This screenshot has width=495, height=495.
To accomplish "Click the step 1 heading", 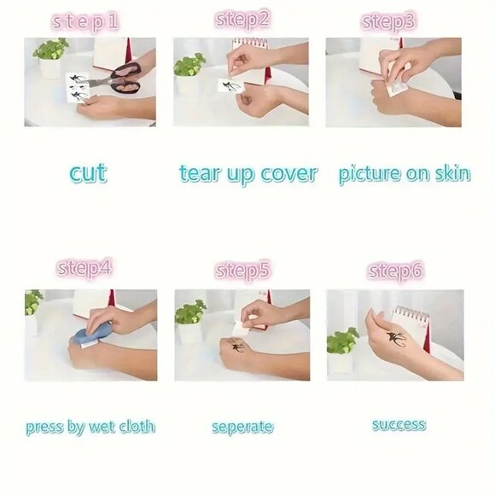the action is (x=85, y=22).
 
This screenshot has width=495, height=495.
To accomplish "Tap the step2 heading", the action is (x=242, y=20).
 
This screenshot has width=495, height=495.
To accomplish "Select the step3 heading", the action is (x=388, y=22).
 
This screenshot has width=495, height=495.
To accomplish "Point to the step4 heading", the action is (x=84, y=268).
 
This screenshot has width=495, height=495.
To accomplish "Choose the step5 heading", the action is (x=242, y=271).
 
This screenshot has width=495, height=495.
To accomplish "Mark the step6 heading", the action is (x=395, y=271).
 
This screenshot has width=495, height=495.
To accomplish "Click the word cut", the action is (x=88, y=173).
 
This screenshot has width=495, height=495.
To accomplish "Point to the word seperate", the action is (x=242, y=427).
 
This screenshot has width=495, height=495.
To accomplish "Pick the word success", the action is (x=399, y=425).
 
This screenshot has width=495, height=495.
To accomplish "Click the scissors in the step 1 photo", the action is (x=115, y=79).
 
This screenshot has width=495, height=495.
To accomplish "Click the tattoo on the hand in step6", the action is (x=396, y=339).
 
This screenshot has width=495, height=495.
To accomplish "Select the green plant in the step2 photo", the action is (x=189, y=66).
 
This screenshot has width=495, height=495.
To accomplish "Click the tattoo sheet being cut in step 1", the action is (x=78, y=87).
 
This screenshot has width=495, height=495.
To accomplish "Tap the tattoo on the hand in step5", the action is (x=236, y=346).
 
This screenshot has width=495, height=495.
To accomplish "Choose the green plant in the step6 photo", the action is (x=343, y=341).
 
